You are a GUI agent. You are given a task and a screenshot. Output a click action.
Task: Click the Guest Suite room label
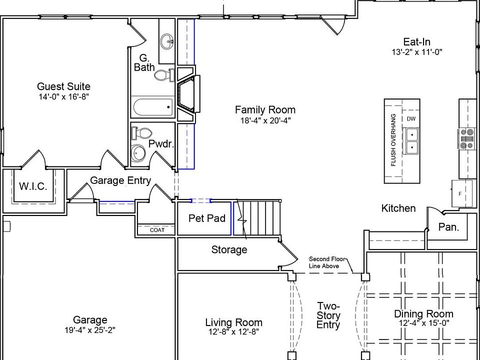[63, 86]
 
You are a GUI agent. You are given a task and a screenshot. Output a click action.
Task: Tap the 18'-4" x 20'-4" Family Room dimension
[265, 120]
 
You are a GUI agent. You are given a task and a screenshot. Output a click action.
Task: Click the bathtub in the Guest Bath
[153, 106]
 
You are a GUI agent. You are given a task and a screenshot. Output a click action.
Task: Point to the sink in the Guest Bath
[167, 40]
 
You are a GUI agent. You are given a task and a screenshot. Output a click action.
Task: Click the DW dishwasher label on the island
[411, 119]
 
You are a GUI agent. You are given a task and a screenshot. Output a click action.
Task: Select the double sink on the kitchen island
[412, 141]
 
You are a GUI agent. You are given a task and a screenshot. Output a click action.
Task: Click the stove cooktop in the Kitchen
[467, 139]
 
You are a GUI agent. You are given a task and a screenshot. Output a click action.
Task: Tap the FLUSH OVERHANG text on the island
[393, 140]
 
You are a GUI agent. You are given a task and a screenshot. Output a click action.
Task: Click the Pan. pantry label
[448, 227]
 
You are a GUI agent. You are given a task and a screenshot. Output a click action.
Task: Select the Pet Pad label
[206, 218]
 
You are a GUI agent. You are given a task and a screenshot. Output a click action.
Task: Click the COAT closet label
[156, 230]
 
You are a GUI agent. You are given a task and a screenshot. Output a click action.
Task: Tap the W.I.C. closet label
[33, 186]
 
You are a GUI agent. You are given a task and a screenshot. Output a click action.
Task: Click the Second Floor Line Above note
[324, 262]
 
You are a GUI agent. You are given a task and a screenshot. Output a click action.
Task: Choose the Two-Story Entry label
[328, 315]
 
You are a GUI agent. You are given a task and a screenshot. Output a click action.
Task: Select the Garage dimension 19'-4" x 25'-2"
[90, 330]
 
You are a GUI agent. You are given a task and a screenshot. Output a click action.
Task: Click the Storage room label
[229, 249]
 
